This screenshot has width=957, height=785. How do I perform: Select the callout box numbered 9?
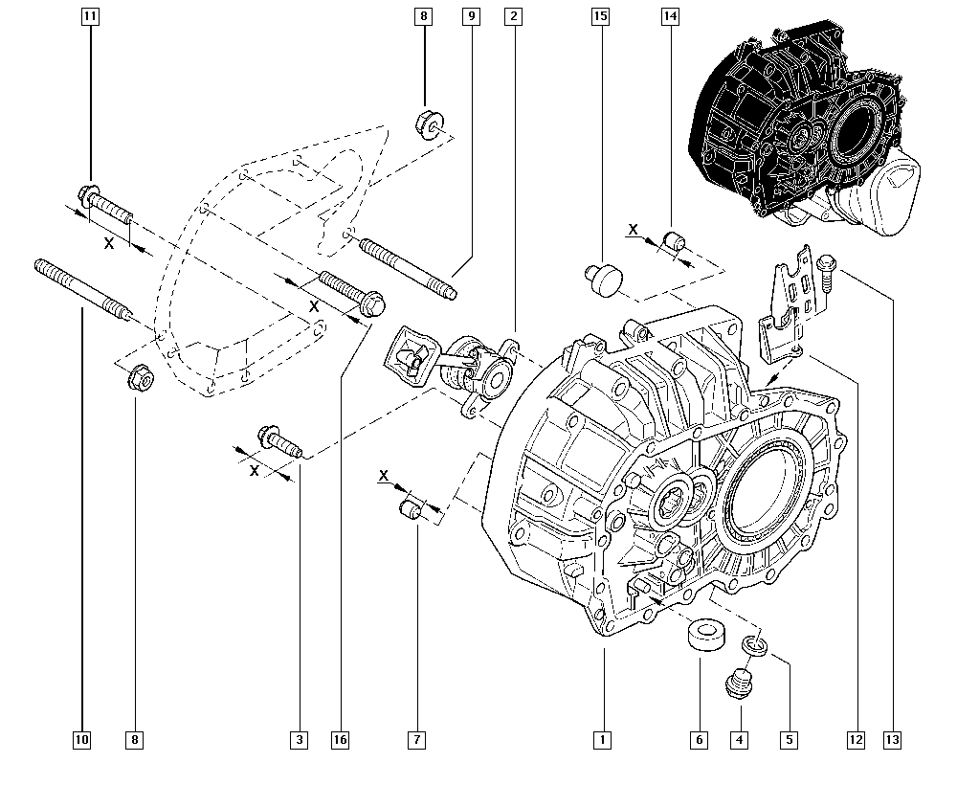pos(471,16)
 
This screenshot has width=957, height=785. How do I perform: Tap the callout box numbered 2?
pos(514,16)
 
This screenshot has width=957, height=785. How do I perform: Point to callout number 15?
pos(601,16)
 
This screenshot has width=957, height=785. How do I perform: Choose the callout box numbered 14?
pos(669,16)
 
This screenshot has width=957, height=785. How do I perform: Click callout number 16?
pos(341,739)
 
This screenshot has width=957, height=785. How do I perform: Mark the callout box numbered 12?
pos(855,739)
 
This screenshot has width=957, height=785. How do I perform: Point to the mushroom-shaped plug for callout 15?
pos(603,276)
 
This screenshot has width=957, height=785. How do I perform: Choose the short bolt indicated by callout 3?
pos(278,443)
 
